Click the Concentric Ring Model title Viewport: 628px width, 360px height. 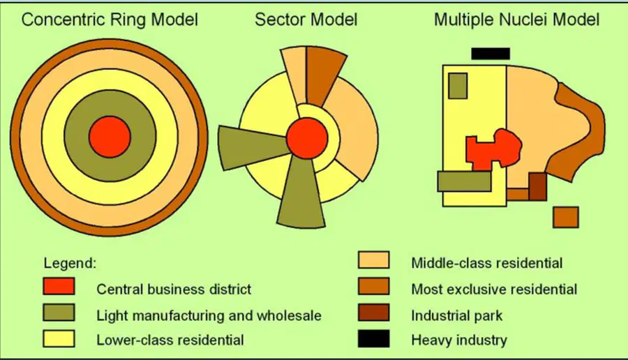pos(110,20)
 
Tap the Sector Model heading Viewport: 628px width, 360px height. pos(306,20)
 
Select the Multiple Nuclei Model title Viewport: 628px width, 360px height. pos(516,20)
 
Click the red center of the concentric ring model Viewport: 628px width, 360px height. pos(110,137)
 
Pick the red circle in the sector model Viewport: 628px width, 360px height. pos(307,138)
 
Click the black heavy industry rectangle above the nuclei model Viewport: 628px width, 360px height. pos(491,54)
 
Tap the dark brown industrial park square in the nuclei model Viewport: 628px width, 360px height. pos(537,186)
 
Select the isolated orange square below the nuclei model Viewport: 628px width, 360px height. pos(566,218)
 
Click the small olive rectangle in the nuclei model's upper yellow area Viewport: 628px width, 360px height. pos(458,86)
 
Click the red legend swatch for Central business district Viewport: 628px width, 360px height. pos(59,287)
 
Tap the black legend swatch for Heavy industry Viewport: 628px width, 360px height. pos(374,339)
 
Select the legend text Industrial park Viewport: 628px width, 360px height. pos(456,315)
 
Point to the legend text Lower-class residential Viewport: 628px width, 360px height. pos(170,340)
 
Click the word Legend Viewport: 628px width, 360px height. pos(70,263)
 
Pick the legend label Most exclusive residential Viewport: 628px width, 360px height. pos(494,289)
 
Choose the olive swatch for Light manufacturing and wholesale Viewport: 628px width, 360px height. pos(59,313)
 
